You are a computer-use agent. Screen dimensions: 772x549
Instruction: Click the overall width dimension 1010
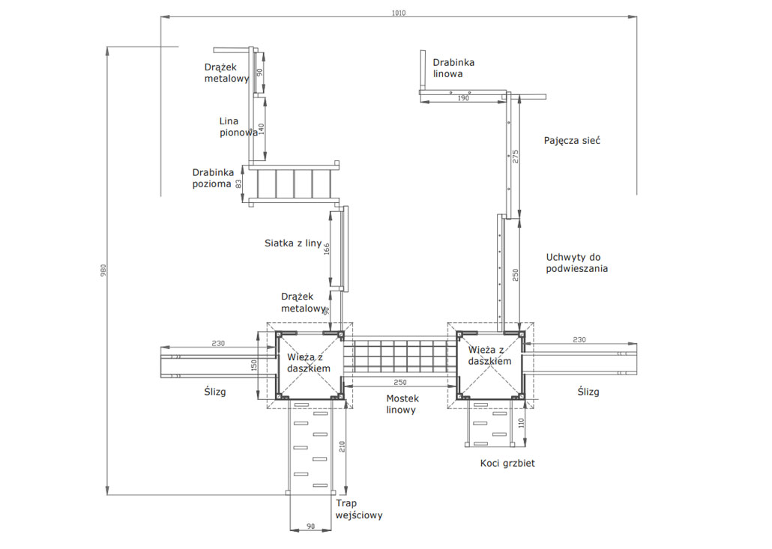tap(398, 13)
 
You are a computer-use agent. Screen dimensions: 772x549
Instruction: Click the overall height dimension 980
tap(103, 270)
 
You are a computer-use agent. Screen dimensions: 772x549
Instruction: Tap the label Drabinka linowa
tap(453, 68)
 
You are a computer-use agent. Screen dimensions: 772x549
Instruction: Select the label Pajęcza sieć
tap(572, 141)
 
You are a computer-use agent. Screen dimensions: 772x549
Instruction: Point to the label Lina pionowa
tap(238, 127)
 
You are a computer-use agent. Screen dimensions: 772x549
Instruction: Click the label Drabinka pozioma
tap(213, 178)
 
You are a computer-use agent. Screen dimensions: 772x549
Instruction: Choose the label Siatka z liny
tap(293, 243)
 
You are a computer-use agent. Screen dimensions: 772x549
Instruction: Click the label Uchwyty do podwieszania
tap(576, 263)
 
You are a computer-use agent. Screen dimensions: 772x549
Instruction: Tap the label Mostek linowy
tap(402, 404)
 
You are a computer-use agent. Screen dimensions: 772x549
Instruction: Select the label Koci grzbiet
tap(507, 463)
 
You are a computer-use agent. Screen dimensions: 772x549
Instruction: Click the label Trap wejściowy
tap(359, 509)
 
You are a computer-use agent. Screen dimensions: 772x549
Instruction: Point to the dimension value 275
tap(516, 157)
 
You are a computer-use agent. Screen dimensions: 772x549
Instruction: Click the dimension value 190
tap(463, 98)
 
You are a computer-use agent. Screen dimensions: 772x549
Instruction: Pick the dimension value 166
tap(327, 249)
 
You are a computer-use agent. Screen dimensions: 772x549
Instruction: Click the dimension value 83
tap(239, 184)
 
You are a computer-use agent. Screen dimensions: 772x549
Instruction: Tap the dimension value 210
tap(343, 446)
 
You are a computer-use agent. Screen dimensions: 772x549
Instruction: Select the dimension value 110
tap(522, 422)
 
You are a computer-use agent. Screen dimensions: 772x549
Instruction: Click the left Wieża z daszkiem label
tap(309, 363)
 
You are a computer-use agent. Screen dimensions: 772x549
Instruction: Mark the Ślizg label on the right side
tap(588, 392)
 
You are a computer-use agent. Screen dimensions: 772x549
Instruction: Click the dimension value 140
tap(262, 130)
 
